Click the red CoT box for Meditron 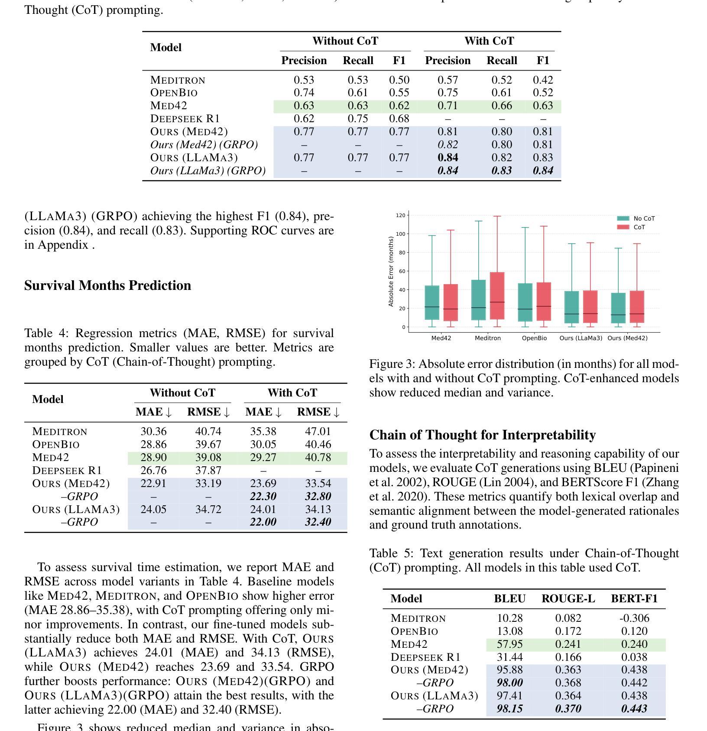(497, 296)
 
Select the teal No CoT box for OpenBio (525, 302)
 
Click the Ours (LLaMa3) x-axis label (581, 338)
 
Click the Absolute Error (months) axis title (391, 271)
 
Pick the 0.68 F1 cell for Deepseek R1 (399, 119)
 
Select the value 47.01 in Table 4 (318, 432)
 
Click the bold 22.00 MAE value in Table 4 (263, 522)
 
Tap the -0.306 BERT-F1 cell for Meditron (634, 618)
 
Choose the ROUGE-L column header (568, 599)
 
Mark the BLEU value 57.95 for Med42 (509, 644)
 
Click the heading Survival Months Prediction (107, 286)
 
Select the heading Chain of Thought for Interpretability (482, 435)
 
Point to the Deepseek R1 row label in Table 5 (425, 657)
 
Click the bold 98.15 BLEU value (509, 709)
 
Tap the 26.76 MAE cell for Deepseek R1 (153, 471)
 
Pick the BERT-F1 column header (634, 599)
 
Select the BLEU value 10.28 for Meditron (509, 618)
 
